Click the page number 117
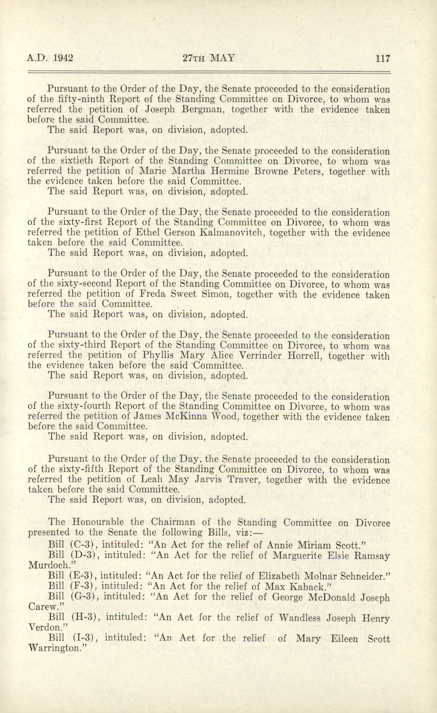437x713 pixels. (383, 58)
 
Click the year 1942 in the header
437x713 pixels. (63, 58)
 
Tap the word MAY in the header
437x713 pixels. (222, 58)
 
